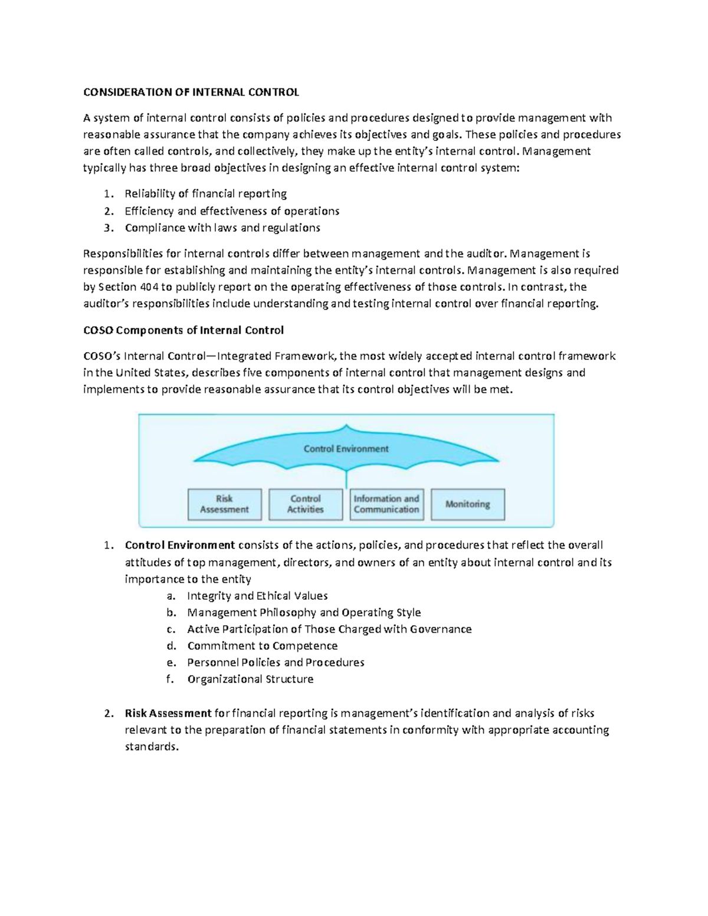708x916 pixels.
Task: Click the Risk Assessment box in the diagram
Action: tap(224, 504)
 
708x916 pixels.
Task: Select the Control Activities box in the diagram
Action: tap(305, 504)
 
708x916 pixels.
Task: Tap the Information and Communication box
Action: tap(386, 504)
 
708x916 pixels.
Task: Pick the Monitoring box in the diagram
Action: tap(468, 504)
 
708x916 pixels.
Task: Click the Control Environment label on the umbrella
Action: tap(346, 449)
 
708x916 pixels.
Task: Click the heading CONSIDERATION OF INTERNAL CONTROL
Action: tap(191, 92)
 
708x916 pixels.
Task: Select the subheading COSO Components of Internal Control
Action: tap(183, 330)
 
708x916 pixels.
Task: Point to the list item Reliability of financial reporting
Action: tap(205, 193)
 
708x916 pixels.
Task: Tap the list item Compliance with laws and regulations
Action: tap(222, 228)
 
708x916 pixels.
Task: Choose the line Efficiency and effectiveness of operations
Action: tap(232, 211)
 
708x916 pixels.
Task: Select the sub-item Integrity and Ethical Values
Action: tap(257, 596)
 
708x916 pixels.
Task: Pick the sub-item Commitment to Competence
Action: tap(262, 646)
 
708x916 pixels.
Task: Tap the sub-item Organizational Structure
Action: tap(250, 679)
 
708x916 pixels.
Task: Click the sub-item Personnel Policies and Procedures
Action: tap(276, 662)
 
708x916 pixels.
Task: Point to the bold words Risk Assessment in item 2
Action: tap(168, 713)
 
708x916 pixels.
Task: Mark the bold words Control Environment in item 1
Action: tap(180, 545)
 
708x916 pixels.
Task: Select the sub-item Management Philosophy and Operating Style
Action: tap(304, 612)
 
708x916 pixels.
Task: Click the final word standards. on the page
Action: tap(151, 747)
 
